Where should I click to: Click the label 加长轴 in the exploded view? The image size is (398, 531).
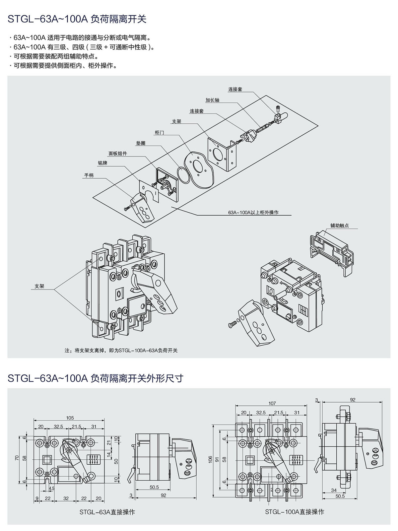212,100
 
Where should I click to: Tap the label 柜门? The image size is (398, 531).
159,133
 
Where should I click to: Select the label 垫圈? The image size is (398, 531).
141,143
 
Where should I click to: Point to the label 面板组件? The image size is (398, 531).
118,154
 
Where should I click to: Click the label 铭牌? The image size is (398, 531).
102,163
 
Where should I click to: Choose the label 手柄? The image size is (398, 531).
89,175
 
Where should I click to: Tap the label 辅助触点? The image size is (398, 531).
339,226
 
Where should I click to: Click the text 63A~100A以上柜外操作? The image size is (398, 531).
253,212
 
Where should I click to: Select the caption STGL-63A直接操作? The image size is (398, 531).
107,512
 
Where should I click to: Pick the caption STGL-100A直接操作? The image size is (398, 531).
295,512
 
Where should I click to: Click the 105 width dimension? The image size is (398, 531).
70,418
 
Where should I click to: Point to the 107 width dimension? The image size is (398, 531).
272,403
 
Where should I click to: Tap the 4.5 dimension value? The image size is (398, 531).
52,489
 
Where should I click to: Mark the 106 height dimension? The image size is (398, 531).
210,459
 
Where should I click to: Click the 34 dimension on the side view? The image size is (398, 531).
334,490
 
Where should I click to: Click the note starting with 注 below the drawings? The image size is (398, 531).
121,350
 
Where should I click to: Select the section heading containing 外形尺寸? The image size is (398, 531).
95,378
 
